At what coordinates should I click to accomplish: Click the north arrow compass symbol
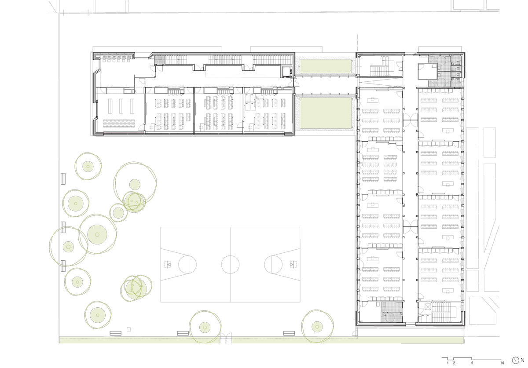[515, 361]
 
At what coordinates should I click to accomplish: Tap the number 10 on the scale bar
[502, 363]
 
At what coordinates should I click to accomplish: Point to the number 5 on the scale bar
[472, 363]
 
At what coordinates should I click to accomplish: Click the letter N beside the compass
[523, 361]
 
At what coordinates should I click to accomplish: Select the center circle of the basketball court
[230, 264]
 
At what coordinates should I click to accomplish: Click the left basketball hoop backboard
[167, 265]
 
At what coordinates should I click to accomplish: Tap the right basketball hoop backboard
[293, 264]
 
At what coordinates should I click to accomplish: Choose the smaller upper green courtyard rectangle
[326, 66]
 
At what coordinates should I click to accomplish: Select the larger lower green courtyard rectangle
[325, 113]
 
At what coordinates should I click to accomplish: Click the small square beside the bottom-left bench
[128, 329]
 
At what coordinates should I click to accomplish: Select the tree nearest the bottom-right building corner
[317, 327]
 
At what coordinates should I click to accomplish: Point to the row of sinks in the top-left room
[117, 58]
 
